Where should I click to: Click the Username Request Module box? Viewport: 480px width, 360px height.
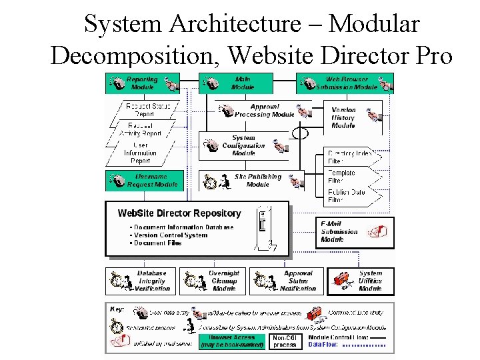tap(143, 181)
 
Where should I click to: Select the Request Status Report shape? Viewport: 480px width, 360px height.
tap(147, 110)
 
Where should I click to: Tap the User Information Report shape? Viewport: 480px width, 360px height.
tap(141, 153)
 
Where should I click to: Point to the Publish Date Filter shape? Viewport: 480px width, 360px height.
tap(347, 195)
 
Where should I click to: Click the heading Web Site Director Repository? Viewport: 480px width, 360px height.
tap(179, 213)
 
